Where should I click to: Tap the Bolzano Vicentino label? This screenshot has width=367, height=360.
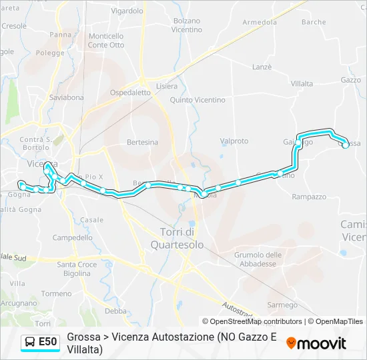click(186, 25)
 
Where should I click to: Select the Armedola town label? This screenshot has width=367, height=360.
click(260, 22)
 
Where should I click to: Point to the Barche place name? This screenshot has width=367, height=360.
click(313, 22)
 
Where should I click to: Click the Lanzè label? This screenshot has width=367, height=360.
click(262, 67)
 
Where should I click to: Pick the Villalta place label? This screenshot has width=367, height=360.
click(302, 83)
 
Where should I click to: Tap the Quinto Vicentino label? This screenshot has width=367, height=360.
click(198, 100)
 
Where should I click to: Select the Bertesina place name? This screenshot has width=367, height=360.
click(143, 142)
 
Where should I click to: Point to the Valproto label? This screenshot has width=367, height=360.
click(234, 141)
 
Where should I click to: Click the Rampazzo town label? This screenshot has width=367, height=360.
click(309, 197)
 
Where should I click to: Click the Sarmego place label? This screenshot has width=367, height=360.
click(282, 305)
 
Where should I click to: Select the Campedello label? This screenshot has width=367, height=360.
click(72, 237)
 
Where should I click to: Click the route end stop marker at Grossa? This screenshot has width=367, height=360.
click(346, 145)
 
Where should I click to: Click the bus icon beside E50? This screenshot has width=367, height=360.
click(30, 342)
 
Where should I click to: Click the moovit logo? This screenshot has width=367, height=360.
click(316, 343)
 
